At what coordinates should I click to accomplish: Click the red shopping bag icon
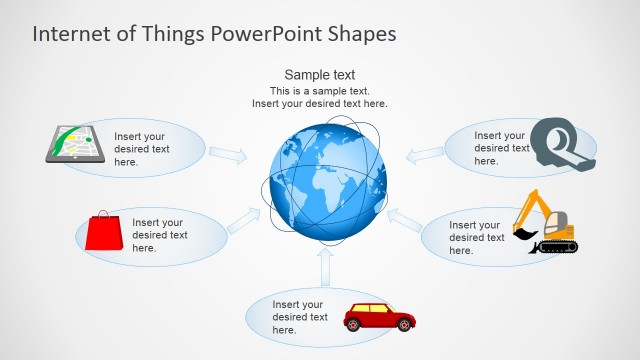tap(103, 233)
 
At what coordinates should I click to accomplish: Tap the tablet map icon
tap(76, 143)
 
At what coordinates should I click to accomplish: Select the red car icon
tap(379, 317)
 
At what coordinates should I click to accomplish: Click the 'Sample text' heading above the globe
tap(320, 75)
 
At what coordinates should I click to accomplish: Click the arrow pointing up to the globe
tap(324, 267)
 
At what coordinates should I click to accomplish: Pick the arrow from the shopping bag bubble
tap(243, 221)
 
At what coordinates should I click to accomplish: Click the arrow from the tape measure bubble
tap(426, 153)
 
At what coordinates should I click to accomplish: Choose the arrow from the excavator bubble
tap(405, 219)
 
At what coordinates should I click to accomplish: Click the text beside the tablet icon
tap(142, 149)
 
